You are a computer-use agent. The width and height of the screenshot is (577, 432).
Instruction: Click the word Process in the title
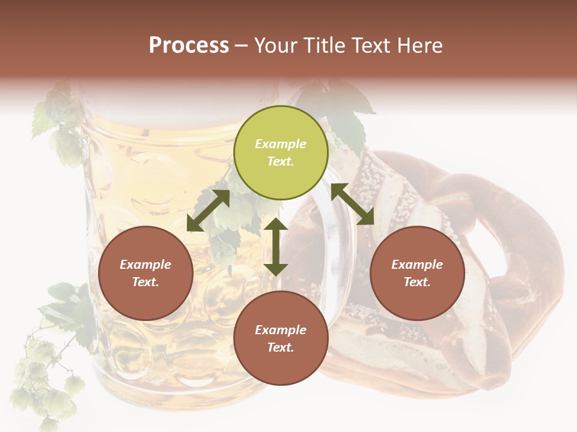[x=189, y=46]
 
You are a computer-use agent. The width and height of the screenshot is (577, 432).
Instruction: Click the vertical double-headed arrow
[x=276, y=247]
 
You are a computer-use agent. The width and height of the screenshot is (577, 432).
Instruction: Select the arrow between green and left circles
[x=208, y=211]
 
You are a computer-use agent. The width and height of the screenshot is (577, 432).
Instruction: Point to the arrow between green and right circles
[x=353, y=205]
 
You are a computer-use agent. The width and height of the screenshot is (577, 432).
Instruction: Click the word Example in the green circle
[x=281, y=144]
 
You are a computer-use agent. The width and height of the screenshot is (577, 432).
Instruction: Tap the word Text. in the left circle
[x=145, y=282]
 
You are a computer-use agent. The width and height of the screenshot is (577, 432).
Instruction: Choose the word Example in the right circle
[x=417, y=265]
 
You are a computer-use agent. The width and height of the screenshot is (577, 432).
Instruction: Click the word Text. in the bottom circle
[x=281, y=347]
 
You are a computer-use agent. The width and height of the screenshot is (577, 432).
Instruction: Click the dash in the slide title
[x=241, y=46]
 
